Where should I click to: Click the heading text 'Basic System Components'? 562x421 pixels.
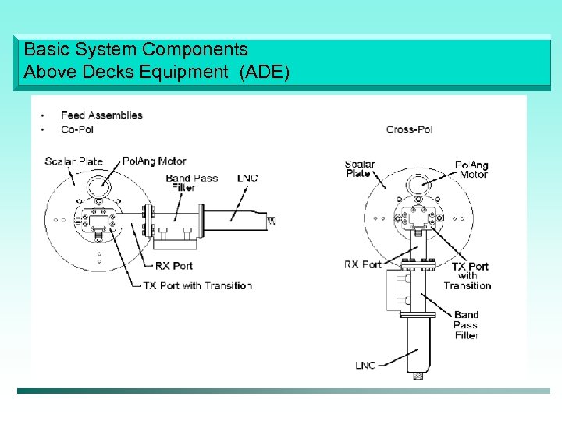click(x=136, y=49)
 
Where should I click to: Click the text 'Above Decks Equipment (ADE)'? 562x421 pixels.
click(x=156, y=73)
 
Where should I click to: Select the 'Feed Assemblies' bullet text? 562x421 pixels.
click(x=101, y=115)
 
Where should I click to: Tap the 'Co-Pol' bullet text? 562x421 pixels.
click(x=77, y=129)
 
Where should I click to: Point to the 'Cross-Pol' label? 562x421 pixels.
click(x=409, y=129)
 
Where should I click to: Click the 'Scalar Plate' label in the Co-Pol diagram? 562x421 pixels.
click(x=73, y=161)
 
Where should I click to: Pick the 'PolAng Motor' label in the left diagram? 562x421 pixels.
click(x=155, y=161)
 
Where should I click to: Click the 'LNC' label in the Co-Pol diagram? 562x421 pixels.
click(x=247, y=179)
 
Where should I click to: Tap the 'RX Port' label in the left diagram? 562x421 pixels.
click(x=174, y=266)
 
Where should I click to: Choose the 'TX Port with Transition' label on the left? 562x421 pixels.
click(x=197, y=285)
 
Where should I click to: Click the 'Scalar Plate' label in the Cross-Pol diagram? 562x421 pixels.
click(x=359, y=168)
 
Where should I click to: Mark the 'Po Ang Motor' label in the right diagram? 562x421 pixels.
click(x=472, y=169)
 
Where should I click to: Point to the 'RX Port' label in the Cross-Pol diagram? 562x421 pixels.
click(x=363, y=264)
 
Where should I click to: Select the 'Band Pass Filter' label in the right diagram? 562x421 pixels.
click(x=466, y=325)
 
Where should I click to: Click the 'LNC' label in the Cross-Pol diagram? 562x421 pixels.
click(x=366, y=365)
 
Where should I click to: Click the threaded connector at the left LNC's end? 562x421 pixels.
click(x=272, y=221)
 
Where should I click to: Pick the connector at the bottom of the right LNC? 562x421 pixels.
click(x=418, y=376)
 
